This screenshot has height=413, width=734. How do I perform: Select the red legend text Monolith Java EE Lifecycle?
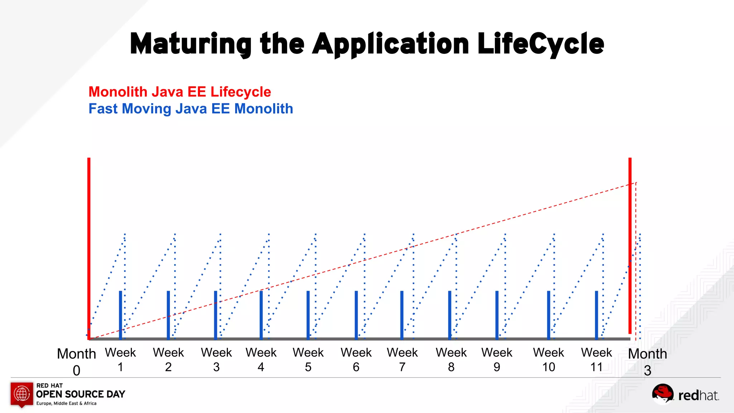tap(180, 92)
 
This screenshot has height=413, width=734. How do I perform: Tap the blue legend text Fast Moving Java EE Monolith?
tap(191, 109)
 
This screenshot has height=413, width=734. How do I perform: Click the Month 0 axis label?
tap(76, 361)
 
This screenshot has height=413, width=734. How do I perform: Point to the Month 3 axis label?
tap(647, 361)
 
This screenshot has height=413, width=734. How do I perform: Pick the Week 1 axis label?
tap(120, 360)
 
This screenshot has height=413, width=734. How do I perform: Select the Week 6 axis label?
tap(356, 360)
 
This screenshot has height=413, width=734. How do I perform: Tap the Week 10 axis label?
tap(548, 360)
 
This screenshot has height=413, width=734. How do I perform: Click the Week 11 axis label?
tap(596, 360)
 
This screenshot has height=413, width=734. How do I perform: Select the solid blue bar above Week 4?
tap(261, 315)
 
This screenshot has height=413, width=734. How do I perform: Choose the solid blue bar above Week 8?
tap(450, 315)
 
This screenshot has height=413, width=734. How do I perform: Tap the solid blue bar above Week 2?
tap(168, 315)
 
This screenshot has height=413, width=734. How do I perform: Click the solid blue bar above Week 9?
tap(497, 315)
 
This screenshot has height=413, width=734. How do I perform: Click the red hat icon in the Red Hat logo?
tap(663, 393)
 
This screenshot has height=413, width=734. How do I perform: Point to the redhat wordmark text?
tap(698, 396)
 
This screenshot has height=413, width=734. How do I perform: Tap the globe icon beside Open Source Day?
tap(22, 394)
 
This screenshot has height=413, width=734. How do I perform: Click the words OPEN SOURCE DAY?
tap(81, 394)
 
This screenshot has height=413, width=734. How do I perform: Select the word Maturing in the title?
tap(191, 44)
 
